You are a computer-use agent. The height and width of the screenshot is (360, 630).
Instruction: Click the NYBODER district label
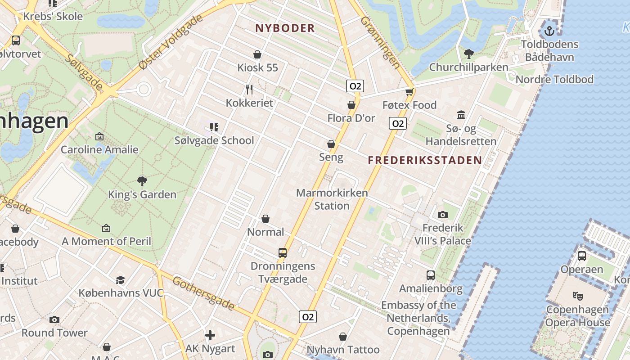[285, 28]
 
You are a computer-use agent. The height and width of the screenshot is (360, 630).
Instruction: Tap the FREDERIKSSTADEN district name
[425, 160]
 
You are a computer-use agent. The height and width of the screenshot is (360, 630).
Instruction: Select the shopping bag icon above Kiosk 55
[257, 55]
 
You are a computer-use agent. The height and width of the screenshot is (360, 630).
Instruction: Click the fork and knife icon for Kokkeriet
[249, 90]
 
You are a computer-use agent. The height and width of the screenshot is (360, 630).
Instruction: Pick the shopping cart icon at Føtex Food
[409, 92]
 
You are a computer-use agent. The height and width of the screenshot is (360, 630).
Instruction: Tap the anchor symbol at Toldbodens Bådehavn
[549, 31]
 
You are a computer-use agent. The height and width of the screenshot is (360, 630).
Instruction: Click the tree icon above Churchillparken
[468, 54]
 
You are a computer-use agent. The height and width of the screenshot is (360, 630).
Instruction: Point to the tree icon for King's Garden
[142, 181]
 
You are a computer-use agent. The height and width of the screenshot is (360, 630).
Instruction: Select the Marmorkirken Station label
[332, 199]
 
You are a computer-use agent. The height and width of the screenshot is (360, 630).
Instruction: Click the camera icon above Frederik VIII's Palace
[442, 215]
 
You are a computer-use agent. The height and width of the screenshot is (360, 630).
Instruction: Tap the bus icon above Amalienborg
[431, 275]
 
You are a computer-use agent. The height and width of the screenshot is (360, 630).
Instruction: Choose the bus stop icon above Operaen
[581, 256]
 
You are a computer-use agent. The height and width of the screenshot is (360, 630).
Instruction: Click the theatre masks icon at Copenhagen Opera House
[577, 296]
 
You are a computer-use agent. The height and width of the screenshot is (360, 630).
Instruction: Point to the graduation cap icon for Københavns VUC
[120, 280]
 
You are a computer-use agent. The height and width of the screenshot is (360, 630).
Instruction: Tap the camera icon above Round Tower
[54, 319]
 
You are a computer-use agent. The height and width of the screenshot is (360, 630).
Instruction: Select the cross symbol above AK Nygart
[210, 335]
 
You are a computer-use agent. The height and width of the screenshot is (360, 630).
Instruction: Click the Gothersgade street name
[204, 294]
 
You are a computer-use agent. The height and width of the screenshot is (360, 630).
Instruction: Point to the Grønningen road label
[380, 43]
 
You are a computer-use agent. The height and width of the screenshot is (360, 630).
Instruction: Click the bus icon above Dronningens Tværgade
[283, 252]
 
